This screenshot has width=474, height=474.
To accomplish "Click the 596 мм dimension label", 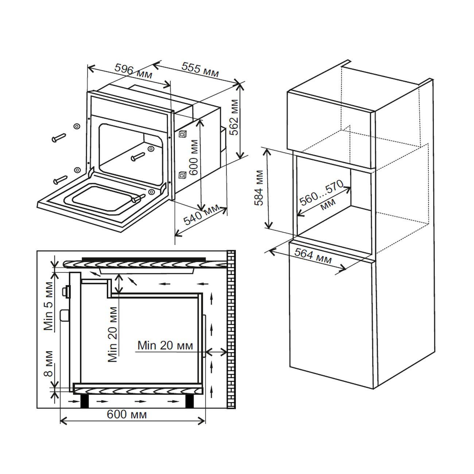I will point(133,71).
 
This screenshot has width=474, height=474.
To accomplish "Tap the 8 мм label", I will point(49,364).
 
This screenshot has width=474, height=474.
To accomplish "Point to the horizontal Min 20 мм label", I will point(165,345).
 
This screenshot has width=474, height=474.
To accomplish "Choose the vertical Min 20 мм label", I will point(113,334).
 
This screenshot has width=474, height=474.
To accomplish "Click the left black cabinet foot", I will point(85,401).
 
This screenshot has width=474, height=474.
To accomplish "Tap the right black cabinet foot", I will point(190,401).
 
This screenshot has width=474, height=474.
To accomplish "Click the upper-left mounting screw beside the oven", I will point(58,138).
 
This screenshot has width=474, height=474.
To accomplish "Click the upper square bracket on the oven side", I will point(183,134).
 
